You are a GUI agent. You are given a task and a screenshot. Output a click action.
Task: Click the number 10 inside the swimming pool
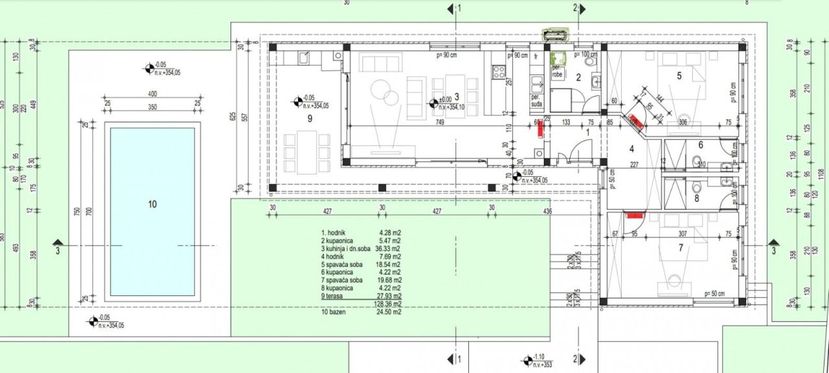coord(152,205)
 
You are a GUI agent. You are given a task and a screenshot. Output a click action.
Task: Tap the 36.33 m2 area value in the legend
coord(387,248)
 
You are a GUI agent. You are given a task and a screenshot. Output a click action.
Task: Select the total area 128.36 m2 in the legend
coord(388,303)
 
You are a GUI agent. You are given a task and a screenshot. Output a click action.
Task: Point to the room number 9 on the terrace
coord(310,119)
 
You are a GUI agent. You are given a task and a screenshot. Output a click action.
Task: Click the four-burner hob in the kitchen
coord(499,73)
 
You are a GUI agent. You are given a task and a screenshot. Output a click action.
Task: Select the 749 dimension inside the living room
coord(439,122)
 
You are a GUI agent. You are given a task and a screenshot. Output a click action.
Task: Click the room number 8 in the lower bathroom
coord(697,199)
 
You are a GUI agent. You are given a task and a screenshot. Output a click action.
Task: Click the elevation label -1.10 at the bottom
coord(540,357)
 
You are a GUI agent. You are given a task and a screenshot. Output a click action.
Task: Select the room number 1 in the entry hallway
coord(588,132)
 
